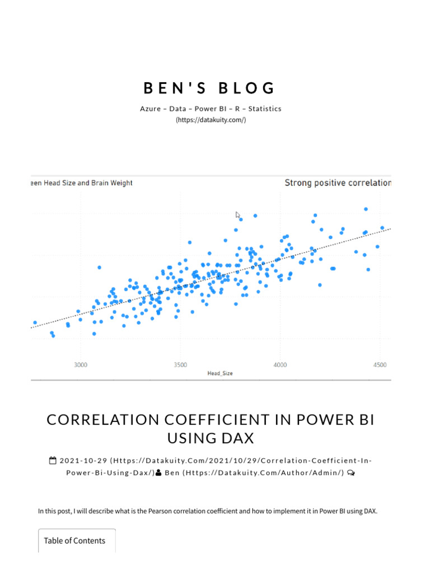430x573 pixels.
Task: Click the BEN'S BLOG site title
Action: click(210, 88)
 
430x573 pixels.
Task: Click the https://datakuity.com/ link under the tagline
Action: click(211, 120)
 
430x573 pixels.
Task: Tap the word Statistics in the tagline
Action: click(265, 109)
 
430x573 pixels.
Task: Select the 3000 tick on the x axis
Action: click(80, 365)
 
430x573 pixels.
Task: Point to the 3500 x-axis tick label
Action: click(180, 365)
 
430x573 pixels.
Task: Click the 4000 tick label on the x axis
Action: click(280, 365)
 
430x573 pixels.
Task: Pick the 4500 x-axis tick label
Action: click(380, 365)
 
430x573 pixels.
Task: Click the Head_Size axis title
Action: click(220, 373)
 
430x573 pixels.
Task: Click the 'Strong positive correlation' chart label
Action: click(338, 183)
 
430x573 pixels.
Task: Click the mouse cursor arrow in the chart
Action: click(238, 215)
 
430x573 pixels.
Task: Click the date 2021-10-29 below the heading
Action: click(83, 461)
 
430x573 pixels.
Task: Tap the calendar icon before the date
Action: click(53, 461)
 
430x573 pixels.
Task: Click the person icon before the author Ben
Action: click(158, 473)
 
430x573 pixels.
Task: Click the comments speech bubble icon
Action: click(350, 473)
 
